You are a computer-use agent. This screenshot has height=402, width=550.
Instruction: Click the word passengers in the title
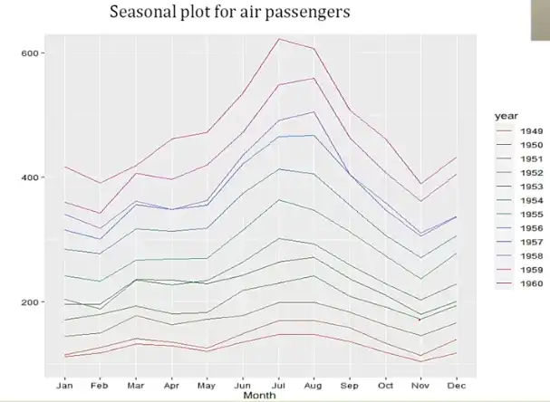coord(299,14)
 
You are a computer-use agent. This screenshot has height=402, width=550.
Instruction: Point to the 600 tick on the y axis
coord(30,53)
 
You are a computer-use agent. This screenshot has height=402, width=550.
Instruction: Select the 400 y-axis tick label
coord(30,177)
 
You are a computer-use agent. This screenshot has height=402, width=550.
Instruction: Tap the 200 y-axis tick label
coord(30,301)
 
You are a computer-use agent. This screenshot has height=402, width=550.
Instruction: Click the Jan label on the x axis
coord(64,386)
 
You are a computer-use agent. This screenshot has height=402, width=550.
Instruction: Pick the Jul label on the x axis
coord(278,386)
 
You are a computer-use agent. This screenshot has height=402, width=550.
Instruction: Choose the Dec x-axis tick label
coord(456,386)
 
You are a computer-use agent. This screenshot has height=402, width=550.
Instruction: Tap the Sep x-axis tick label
coord(349,386)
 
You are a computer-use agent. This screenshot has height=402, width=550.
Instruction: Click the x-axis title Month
coord(261,396)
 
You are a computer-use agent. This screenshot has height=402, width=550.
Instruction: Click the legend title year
coord(506,116)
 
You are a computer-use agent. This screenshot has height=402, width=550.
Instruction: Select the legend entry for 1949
coord(531,131)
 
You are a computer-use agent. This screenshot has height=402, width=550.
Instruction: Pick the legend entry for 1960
coord(531,283)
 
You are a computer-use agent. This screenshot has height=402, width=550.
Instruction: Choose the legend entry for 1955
coord(531,215)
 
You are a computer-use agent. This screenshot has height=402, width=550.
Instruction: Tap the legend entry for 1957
coord(531,242)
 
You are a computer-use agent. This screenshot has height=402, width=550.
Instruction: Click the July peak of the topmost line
coord(278,39)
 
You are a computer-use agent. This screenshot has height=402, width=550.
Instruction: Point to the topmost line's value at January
coord(64,167)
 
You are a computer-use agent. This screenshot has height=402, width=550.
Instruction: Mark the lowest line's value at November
coord(420,361)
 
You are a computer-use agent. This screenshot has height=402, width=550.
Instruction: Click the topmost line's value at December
coord(456,158)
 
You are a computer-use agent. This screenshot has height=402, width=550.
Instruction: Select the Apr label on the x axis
coord(171,386)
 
